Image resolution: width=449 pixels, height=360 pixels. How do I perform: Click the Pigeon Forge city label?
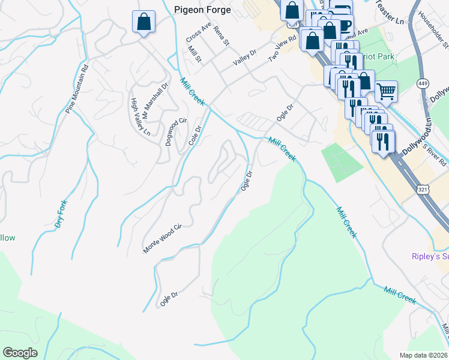pyautogui.click(x=202, y=10)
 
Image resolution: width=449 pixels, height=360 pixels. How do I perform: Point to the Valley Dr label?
pyautogui.click(x=245, y=58)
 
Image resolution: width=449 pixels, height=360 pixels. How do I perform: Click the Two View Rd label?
pyautogui.click(x=283, y=48)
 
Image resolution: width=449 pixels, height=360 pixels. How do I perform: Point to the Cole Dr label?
pyautogui.click(x=194, y=135)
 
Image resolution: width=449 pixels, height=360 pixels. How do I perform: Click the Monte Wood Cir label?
pyautogui.click(x=161, y=239)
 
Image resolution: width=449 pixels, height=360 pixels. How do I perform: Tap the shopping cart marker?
pyautogui.click(x=387, y=92)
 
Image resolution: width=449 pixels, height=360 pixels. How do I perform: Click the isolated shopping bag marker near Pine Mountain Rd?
pyautogui.click(x=143, y=23)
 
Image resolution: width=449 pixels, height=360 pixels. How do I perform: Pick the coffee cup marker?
pyautogui.click(x=345, y=26)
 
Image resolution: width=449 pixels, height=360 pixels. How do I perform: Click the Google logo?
pyautogui.click(x=20, y=353)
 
